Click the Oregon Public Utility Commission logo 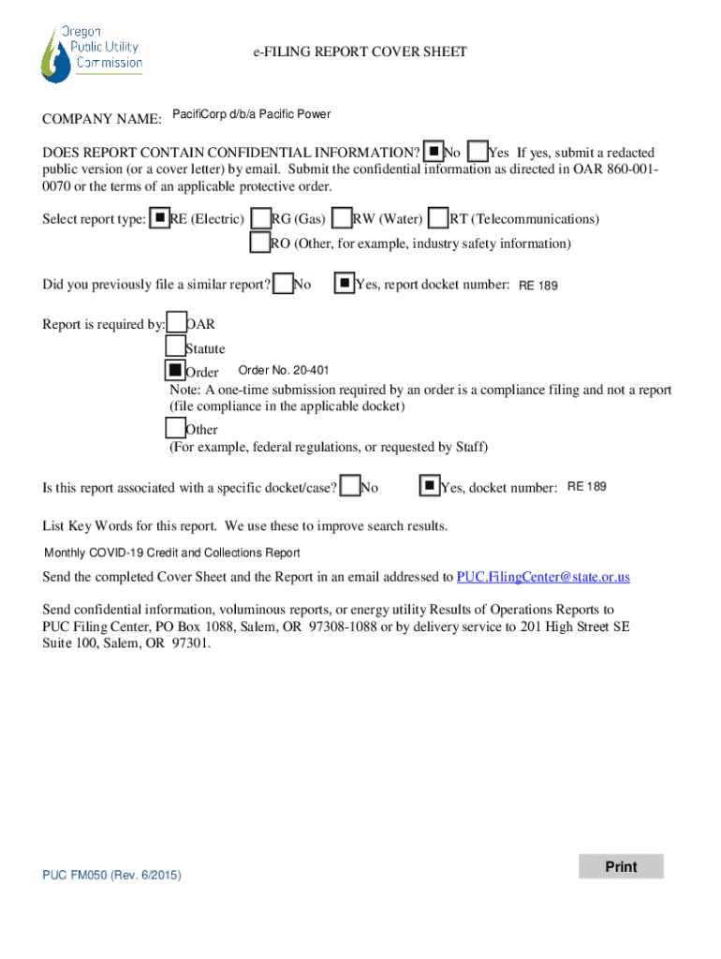coord(92,52)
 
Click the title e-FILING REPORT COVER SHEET coord(360,52)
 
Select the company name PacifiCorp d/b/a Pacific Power coord(251,115)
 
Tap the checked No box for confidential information coord(434,152)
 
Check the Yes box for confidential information coord(477,152)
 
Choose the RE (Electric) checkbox coord(160,218)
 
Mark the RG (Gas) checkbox coord(261,218)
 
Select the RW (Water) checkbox coord(343,218)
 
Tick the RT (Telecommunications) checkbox coord(438,218)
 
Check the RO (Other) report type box coord(259,243)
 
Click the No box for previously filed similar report coord(283,283)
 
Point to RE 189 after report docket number coord(538,285)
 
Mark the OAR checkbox coord(176,324)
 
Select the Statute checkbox coord(175,347)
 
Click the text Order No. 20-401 coord(284,370)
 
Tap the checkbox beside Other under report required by coord(175,428)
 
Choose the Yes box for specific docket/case coord(429,486)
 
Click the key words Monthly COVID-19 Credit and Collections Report coord(172,553)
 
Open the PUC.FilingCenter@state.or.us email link coord(543,576)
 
